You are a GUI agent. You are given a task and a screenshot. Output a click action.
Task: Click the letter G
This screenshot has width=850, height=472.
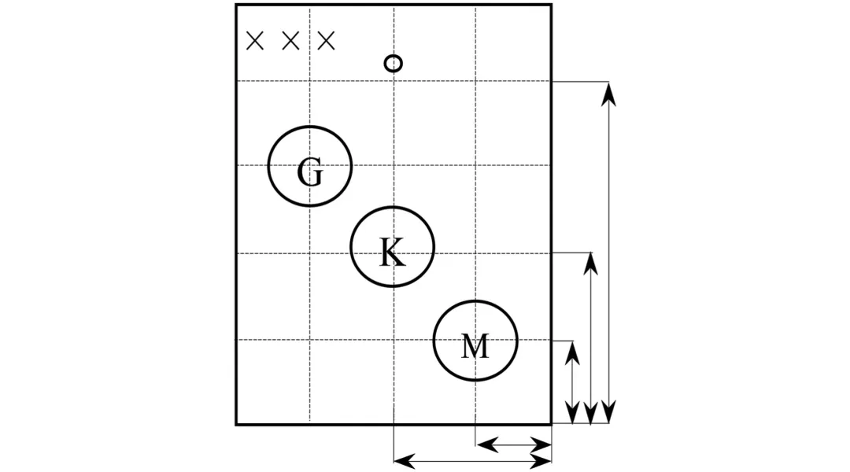pyautogui.click(x=310, y=172)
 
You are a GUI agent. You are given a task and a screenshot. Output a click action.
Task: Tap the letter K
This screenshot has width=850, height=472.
pyautogui.click(x=392, y=253)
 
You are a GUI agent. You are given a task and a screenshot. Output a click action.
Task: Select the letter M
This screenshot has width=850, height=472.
pyautogui.click(x=475, y=345)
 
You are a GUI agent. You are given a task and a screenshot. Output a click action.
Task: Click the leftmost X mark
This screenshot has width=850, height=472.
pyautogui.click(x=255, y=41)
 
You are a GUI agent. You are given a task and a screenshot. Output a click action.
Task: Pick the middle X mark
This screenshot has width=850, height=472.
pyautogui.click(x=290, y=41)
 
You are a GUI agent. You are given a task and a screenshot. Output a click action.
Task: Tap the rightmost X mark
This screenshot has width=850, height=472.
pyautogui.click(x=326, y=41)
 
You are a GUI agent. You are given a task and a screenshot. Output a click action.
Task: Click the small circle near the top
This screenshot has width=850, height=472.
pyautogui.click(x=394, y=63)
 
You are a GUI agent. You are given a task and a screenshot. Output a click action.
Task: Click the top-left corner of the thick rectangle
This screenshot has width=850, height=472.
pyautogui.click(x=236, y=5)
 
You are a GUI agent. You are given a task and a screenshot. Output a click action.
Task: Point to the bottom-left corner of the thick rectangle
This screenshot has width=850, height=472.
pyautogui.click(x=236, y=424)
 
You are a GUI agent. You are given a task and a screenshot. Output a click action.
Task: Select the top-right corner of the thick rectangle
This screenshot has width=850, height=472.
pyautogui.click(x=551, y=5)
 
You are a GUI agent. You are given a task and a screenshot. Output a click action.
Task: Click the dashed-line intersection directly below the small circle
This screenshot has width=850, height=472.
pyautogui.click(x=394, y=81)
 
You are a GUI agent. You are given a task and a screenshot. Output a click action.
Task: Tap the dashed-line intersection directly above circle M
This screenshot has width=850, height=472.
pyautogui.click(x=475, y=253)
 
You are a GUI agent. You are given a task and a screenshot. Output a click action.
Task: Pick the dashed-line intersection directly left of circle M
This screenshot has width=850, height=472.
pyautogui.click(x=394, y=340)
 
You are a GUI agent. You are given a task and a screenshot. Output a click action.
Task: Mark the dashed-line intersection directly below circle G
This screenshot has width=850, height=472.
pyautogui.click(x=309, y=253)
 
